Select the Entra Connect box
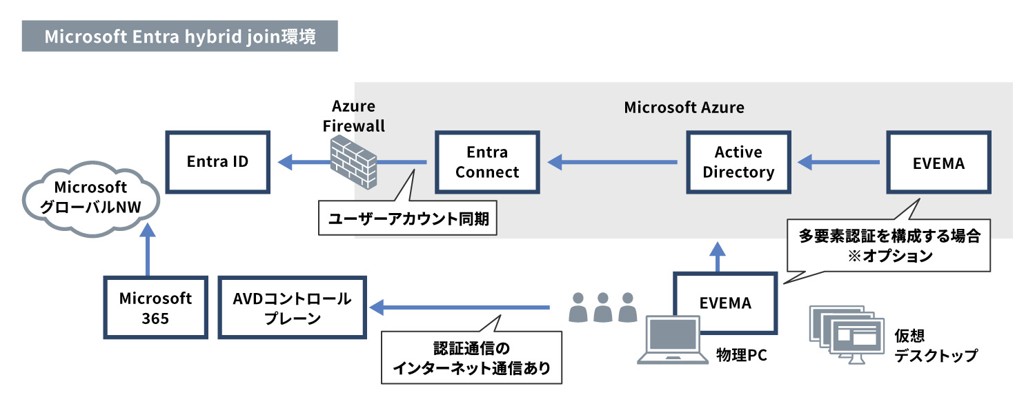[487, 163]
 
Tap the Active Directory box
[738, 163]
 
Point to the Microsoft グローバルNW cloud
[90, 198]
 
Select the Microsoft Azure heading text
[684, 108]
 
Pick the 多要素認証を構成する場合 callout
[889, 245]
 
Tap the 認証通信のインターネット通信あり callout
[471, 358]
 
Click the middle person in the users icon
[602, 307]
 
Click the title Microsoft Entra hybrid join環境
[179, 37]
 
